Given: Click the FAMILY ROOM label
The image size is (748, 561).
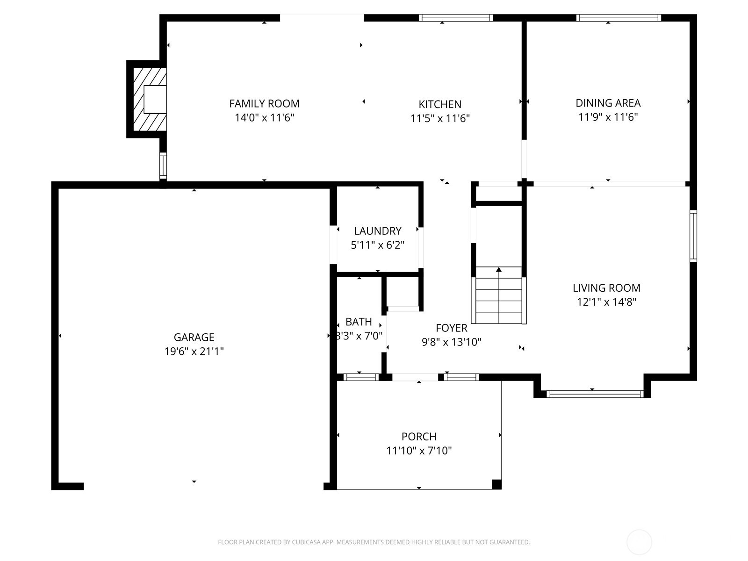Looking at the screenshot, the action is (264, 103).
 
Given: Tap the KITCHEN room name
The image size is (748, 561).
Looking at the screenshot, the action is (440, 104).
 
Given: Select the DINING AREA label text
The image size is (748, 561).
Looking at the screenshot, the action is (608, 103).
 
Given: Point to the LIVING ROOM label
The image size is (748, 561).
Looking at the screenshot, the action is (606, 288).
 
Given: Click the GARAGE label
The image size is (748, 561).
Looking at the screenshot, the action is (194, 337).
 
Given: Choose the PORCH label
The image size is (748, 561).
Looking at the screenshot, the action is (419, 437).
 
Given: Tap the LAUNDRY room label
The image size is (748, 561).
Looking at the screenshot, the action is (378, 231).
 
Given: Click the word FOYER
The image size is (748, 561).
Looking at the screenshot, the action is (452, 328).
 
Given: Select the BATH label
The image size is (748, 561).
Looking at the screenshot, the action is (359, 322).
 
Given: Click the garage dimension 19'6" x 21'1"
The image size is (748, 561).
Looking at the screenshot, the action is (194, 351).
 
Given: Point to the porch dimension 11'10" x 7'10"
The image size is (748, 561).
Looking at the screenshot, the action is (419, 451).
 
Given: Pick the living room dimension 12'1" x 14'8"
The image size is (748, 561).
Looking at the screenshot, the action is (606, 302).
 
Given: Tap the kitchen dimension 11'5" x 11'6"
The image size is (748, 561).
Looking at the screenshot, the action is (440, 118).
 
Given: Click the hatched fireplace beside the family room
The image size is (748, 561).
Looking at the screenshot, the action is (150, 99).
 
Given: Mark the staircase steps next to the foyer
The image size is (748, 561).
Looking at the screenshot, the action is (499, 295).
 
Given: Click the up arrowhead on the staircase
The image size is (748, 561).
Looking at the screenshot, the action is (499, 269).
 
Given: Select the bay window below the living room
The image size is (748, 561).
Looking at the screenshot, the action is (595, 394).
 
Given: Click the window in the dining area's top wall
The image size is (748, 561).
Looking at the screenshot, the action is (619, 18).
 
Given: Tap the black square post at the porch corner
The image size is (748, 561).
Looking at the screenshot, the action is (496, 484).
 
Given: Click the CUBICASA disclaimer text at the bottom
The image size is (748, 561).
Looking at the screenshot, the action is (374, 542).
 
